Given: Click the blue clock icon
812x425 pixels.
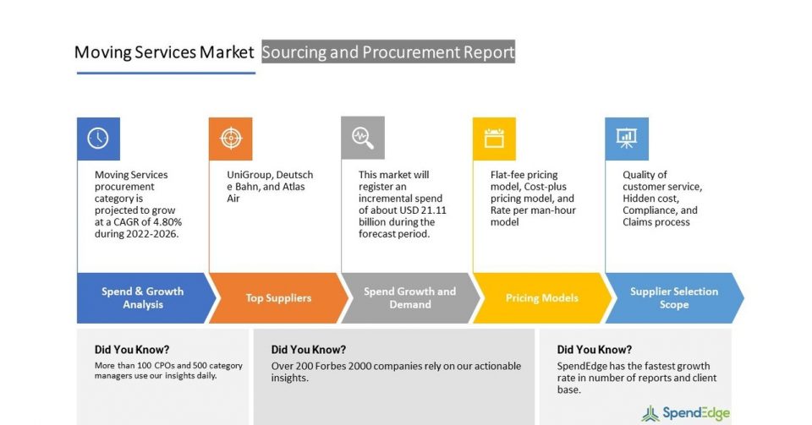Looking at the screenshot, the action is pos(98,139).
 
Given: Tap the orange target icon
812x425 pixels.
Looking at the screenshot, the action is pos(230,139).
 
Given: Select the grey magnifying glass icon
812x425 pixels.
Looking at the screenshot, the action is pos(363,138).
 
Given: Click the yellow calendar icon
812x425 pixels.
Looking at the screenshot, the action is pos(494,139).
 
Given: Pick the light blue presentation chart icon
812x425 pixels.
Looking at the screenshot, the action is pos(627,139).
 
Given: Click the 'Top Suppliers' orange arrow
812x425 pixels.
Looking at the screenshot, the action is pos(278,298).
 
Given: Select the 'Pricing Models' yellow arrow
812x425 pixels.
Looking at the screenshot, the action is pos(541,298).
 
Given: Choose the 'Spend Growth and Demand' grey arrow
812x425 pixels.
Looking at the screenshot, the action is pos(410,298).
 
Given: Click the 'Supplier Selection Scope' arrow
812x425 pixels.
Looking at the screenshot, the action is pos(674,298).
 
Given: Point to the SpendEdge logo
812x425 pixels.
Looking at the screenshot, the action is pos(686,413).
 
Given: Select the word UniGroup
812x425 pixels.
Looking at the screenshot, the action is pos(246,175).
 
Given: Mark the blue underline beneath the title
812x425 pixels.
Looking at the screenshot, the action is pos(167,73).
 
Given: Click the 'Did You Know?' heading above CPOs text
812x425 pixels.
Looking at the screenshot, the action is pos(132,350).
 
